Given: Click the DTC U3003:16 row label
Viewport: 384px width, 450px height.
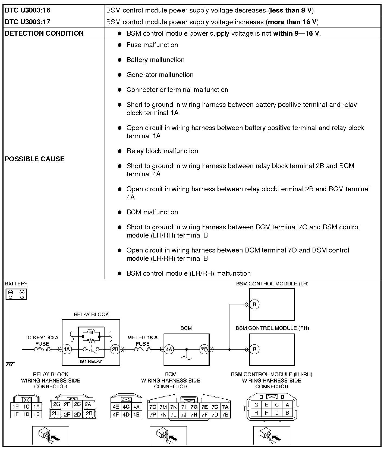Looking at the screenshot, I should click(x=27, y=10).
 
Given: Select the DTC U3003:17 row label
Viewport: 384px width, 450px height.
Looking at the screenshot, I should click(x=27, y=22).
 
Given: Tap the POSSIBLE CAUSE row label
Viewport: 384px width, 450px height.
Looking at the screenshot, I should click(x=34, y=159).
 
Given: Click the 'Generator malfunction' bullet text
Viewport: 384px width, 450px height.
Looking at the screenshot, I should click(x=160, y=75).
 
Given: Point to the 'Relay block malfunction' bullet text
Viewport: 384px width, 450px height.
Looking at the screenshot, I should click(x=162, y=151).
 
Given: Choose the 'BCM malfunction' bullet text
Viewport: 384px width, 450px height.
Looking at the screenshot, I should click(x=152, y=212).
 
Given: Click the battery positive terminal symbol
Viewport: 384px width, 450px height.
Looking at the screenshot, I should click(x=22, y=292).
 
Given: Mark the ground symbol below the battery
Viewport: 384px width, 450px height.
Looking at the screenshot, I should click(x=10, y=364).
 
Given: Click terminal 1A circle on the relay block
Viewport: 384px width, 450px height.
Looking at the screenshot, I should click(x=67, y=349).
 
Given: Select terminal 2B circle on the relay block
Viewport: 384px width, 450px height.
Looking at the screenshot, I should click(x=115, y=349).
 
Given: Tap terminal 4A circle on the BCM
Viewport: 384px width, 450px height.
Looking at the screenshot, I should click(x=169, y=349).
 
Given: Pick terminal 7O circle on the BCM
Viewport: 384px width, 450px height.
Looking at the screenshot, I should click(x=204, y=349).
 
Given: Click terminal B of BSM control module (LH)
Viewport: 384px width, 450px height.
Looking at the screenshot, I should click(x=254, y=304).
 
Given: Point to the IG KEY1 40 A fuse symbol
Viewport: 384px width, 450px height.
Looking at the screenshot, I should click(x=42, y=349).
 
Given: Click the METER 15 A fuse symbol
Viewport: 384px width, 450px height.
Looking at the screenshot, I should click(x=143, y=349).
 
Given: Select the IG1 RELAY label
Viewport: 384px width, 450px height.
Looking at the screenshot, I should click(x=91, y=361).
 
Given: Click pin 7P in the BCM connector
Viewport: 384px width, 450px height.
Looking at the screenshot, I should click(x=153, y=415).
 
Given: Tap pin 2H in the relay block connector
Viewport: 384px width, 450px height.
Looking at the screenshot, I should click(x=55, y=413).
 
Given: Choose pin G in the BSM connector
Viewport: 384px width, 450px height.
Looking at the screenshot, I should click(x=256, y=405).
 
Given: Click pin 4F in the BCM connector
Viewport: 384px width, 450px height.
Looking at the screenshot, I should click(x=116, y=415).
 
